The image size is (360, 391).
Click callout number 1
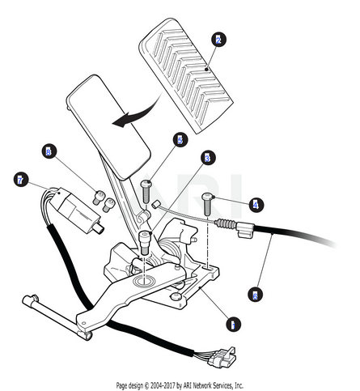(x=233, y=324)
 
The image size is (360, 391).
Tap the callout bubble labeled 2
(x=218, y=40)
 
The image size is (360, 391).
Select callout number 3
(x=208, y=158)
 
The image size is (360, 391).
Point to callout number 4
(x=256, y=205)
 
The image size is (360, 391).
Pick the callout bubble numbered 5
(x=180, y=140)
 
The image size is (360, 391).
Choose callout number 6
(x=255, y=294)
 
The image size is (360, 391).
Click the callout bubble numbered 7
(x=21, y=180)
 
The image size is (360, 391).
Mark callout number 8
(x=49, y=151)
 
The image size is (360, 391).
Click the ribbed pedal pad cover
(x=186, y=75)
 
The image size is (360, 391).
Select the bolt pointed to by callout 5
(x=146, y=192)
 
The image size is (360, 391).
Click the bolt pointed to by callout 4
(x=207, y=204)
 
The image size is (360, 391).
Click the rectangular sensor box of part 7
(x=78, y=210)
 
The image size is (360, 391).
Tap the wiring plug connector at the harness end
(x=223, y=358)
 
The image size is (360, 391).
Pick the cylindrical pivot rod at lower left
(x=57, y=317)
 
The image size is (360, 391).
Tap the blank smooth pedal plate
(x=108, y=127)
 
